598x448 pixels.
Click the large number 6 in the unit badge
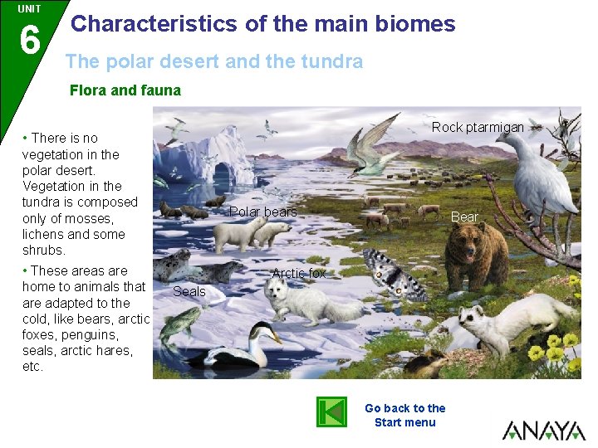pos(30,39)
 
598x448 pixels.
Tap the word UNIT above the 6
pos(29,9)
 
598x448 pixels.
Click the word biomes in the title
pos(414,23)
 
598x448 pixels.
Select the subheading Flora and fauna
pos(125,90)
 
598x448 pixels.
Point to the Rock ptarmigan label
pos(478,127)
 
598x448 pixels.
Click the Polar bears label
pos(262,212)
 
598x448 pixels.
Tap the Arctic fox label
pos(299,273)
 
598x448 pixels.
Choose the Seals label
pos(189,291)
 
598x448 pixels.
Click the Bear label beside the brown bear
pos(464,217)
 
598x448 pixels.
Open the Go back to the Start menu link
pos(404,415)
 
